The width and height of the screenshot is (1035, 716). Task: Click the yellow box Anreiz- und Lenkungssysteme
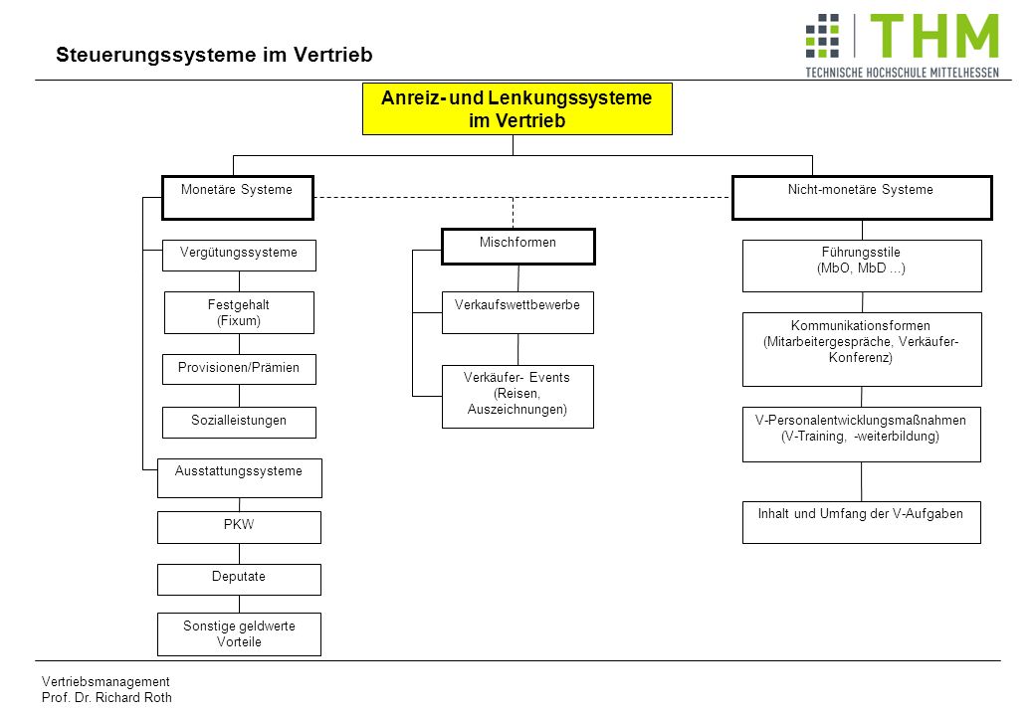tap(517, 108)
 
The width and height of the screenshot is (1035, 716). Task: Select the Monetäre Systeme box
tap(238, 197)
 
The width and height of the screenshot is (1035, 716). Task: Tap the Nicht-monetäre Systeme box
tap(862, 197)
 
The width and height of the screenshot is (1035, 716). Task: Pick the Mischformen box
tap(518, 247)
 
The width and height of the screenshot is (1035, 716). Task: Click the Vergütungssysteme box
tap(239, 256)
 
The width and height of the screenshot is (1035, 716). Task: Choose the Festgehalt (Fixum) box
tap(239, 312)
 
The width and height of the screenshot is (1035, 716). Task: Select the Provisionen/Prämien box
tap(239, 369)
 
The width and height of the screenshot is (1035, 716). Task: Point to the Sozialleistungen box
tap(239, 422)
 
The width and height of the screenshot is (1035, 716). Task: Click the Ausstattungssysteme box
tap(240, 478)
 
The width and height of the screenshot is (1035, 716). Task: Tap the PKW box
tap(239, 527)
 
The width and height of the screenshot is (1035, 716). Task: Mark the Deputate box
tap(239, 580)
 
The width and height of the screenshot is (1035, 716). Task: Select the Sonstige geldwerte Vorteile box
tap(239, 634)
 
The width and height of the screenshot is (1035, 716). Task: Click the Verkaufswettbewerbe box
tap(517, 312)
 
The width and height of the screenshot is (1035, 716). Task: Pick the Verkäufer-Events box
tap(517, 396)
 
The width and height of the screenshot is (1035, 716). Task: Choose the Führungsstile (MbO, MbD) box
tap(862, 266)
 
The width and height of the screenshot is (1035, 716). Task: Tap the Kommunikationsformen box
tap(862, 349)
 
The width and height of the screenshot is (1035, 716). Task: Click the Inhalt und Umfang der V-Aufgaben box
tap(862, 522)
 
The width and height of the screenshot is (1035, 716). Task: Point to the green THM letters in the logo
tap(934, 36)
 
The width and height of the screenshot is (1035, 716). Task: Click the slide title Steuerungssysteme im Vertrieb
tap(214, 55)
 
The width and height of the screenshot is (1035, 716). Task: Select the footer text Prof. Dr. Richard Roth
tap(106, 697)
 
